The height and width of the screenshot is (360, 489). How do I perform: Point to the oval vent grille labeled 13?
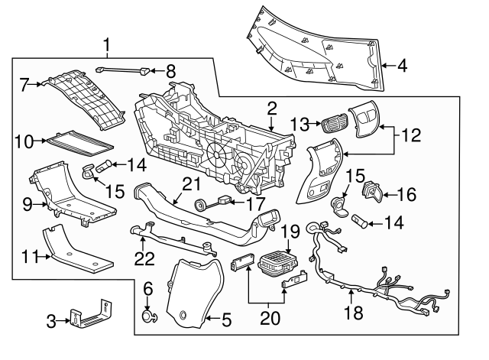[x=333, y=125]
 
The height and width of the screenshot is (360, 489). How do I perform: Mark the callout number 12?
[x=412, y=135]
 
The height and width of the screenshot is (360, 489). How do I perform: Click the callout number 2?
[x=270, y=108]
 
